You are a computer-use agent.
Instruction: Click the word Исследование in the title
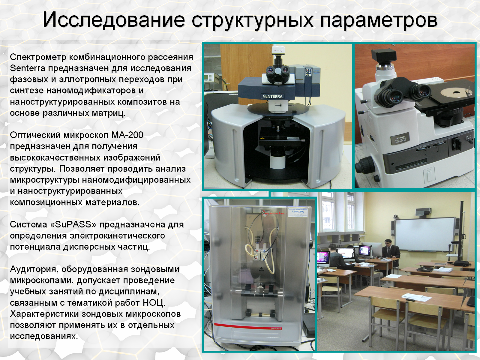click(x=114, y=20)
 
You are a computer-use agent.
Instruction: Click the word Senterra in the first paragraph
click(x=28, y=68)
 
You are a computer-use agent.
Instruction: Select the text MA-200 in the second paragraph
click(x=127, y=135)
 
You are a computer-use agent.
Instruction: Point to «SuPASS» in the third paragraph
click(x=73, y=224)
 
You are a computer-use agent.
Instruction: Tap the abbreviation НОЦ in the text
click(x=154, y=303)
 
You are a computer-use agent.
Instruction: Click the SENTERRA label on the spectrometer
click(x=272, y=96)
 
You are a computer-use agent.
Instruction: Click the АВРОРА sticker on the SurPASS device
click(x=298, y=212)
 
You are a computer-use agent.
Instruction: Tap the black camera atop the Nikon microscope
click(x=384, y=56)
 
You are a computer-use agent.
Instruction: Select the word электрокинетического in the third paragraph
click(x=117, y=236)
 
